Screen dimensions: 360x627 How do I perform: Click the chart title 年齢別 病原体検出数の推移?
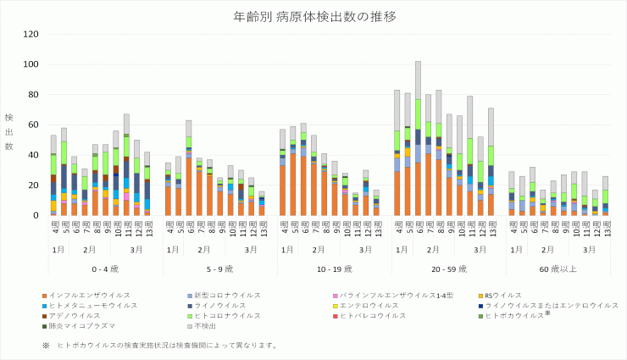pyautogui.click(x=313, y=16)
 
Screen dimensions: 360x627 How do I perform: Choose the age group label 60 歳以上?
pyautogui.click(x=558, y=269)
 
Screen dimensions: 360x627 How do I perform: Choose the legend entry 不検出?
pyautogui.click(x=203, y=326)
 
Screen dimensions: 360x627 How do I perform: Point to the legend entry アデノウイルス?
pyautogui.click(x=75, y=316)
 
